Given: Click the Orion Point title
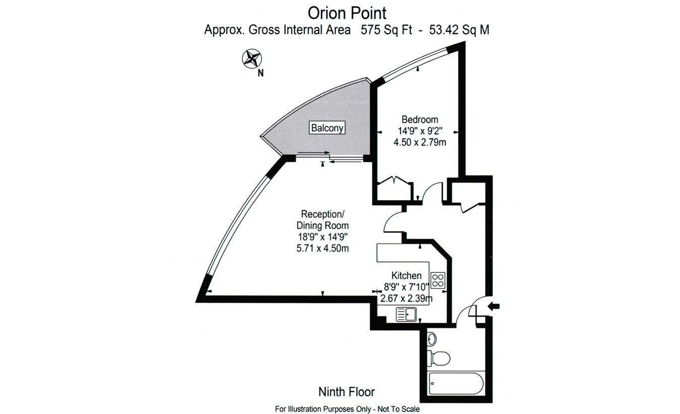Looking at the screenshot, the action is coord(347,14).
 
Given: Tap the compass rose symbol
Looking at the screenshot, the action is coord(252,58).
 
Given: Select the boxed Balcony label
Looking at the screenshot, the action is coord(327,128).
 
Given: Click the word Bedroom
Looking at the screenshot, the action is coord(420,119).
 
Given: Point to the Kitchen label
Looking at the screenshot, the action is coord(406,276).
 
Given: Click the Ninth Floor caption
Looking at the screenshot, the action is coord(347,392).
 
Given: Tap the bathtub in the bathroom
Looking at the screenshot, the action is coord(456,383).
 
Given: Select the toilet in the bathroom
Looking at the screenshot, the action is coord(439,358).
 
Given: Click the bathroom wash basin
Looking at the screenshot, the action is coord(432,339).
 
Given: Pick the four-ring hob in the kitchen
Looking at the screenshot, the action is coord(438,280).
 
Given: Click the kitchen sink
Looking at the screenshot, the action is coord(406,314).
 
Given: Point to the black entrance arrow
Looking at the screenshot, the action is coord(494,306).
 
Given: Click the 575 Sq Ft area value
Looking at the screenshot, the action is coord(386,30).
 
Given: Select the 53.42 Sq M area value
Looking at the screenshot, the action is coord(459,30).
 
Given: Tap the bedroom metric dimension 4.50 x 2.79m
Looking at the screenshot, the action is coord(420,142).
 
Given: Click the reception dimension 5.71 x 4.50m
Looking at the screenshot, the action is coord(322,249).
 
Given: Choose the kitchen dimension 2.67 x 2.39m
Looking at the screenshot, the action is coord(406,298).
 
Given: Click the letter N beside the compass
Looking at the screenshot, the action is coord(260,73).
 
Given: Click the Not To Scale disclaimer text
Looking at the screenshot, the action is coord(398,409).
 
